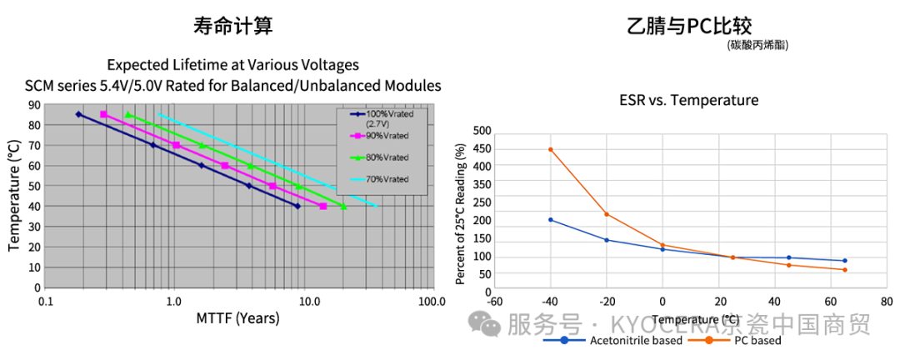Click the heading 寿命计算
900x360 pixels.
click(232, 27)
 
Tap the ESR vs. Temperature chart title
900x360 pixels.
click(688, 100)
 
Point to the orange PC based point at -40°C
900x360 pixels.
click(551, 149)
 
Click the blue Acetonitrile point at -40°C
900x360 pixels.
click(551, 220)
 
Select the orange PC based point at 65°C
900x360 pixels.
click(844, 269)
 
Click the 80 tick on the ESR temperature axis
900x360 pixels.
click(886, 302)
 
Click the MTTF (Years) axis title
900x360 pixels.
click(238, 317)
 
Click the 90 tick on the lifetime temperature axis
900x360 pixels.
click(35, 105)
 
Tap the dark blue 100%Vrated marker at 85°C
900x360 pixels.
click(78, 114)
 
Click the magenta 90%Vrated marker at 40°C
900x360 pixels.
click(322, 206)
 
